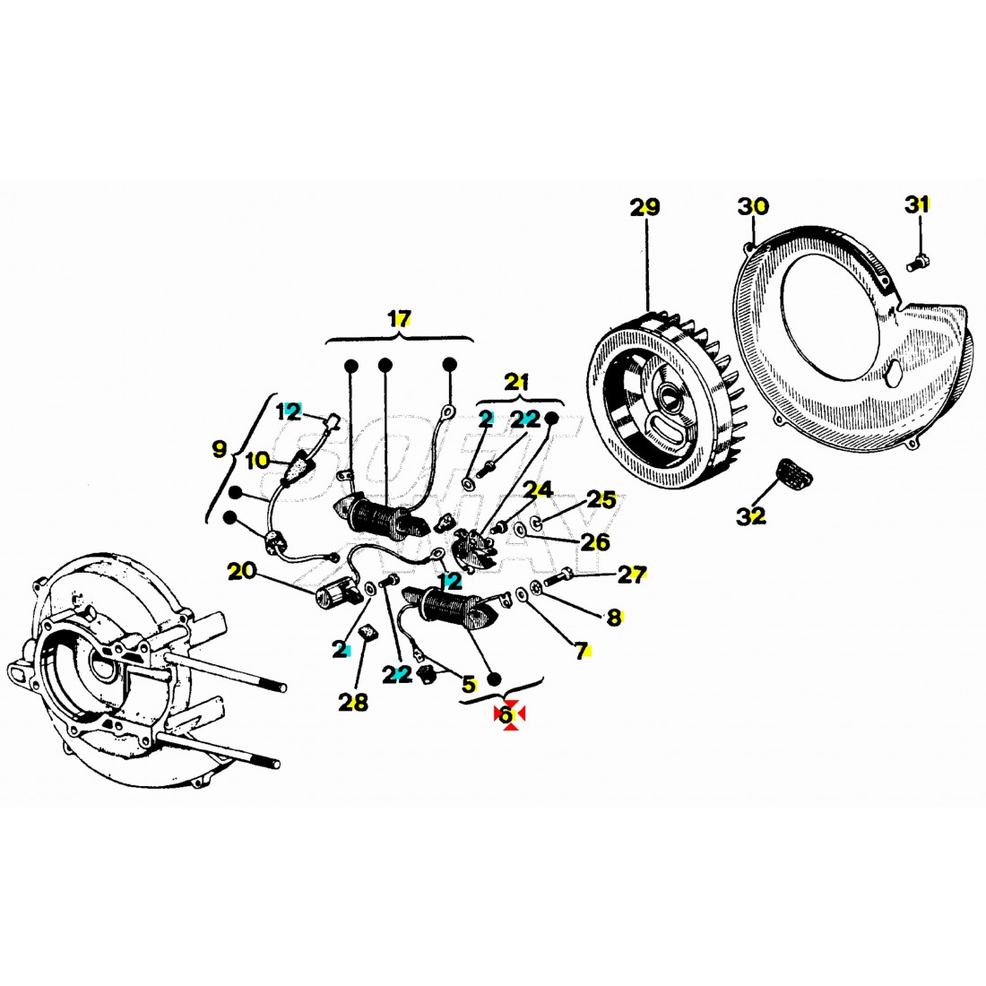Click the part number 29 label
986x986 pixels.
pos(644,207)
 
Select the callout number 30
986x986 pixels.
pos(753,206)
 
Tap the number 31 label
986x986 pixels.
pos(916,204)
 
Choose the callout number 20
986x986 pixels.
pos(241,570)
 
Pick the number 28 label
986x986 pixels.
pos(353,702)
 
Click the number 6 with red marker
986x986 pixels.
pos(506,714)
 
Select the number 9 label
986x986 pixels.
pos(220,450)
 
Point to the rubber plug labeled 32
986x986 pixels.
pos(789,470)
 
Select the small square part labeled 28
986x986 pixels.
pos(366,634)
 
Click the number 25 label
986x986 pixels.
pos(601,499)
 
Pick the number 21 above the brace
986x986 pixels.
pos(517,382)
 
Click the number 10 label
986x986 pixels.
pos(257,460)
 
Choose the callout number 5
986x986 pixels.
pos(468,684)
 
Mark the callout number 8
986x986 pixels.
pos(613,617)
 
